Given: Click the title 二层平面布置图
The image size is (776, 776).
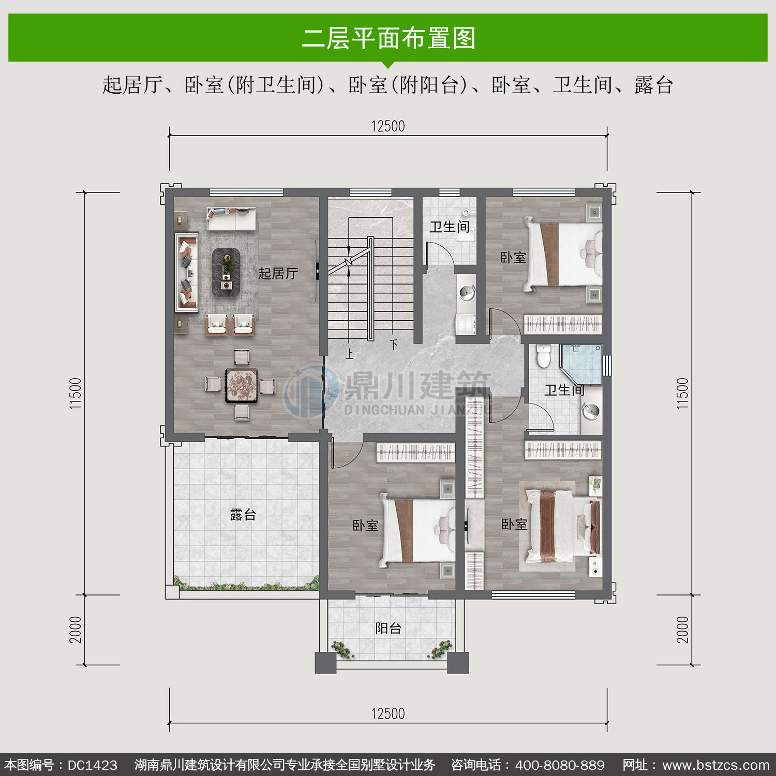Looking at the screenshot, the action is [x=389, y=38].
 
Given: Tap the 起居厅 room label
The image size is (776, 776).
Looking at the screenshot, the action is [x=278, y=273].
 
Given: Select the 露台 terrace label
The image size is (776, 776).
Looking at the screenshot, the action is [x=243, y=515].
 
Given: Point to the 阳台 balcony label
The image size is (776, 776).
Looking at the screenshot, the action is [x=389, y=629].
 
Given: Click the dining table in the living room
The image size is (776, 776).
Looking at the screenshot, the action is [x=242, y=385].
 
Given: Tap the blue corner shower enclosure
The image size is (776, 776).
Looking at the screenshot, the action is [x=581, y=365].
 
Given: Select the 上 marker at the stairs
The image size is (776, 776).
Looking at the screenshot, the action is [x=350, y=354].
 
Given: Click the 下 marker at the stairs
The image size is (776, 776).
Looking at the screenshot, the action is [x=394, y=345].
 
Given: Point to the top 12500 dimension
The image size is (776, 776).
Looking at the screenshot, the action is [x=388, y=126].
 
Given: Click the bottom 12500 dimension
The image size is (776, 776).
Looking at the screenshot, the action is [x=388, y=714].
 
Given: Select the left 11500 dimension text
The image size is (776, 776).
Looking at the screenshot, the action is [x=76, y=394].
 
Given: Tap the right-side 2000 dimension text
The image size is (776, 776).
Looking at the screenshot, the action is [x=683, y=630].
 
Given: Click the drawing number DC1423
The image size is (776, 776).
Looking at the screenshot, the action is [x=93, y=765].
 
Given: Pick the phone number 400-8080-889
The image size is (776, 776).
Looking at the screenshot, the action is [x=560, y=765].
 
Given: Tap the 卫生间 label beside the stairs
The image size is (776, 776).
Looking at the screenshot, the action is [x=450, y=227].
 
